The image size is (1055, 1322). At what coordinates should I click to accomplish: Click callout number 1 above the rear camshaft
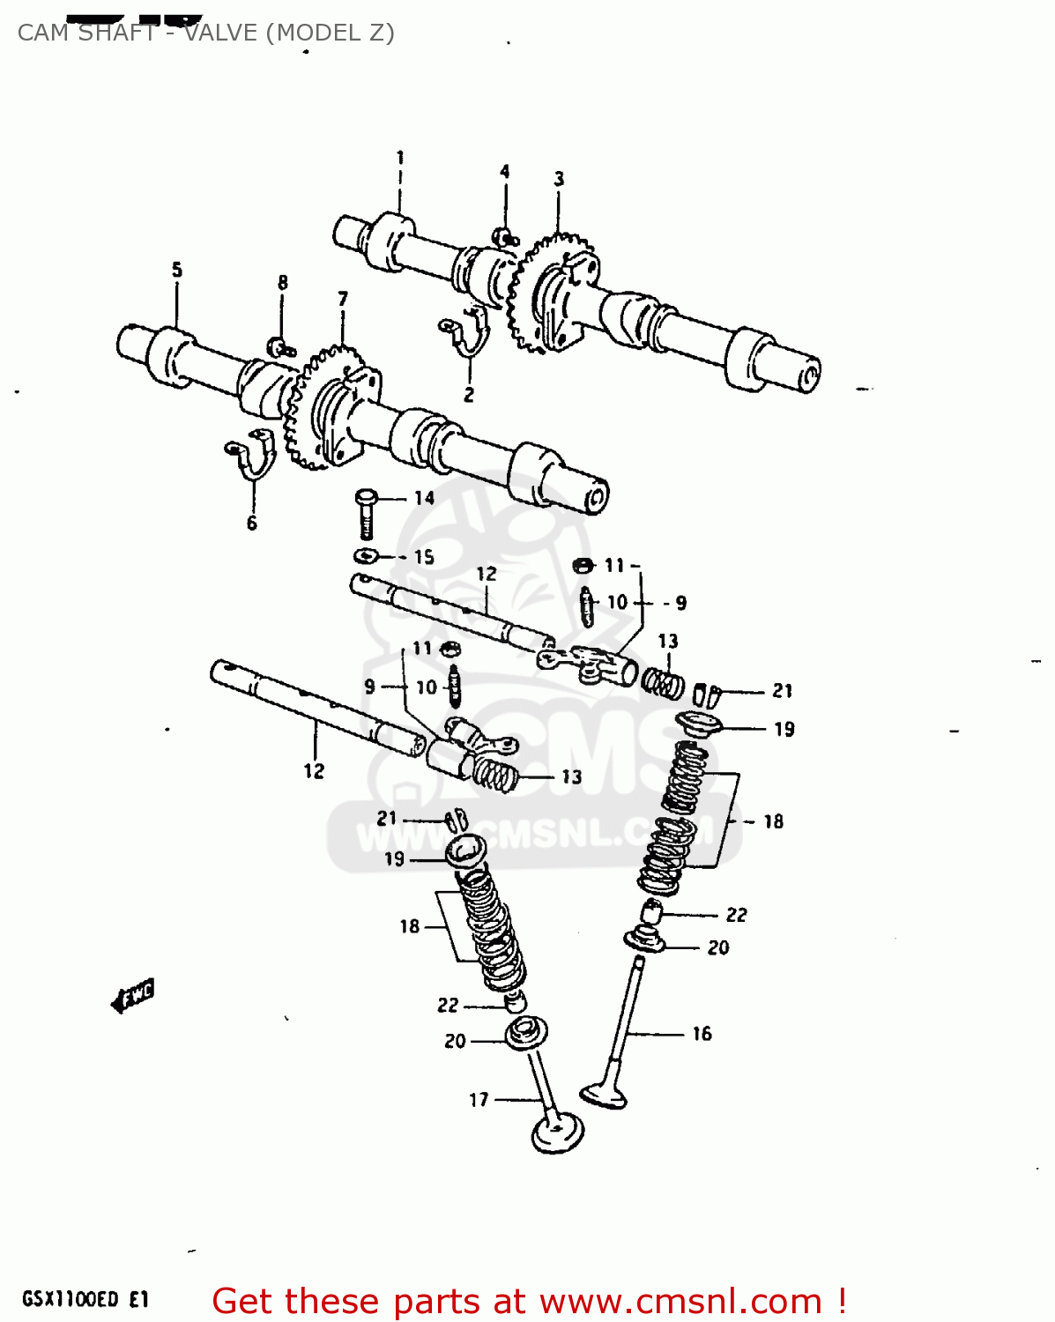[400, 158]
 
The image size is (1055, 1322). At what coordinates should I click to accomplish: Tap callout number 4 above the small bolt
[505, 171]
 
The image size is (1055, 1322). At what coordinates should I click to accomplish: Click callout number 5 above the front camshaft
[177, 269]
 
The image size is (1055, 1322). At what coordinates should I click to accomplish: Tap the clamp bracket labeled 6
[253, 455]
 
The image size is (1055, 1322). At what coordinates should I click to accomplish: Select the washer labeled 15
[366, 556]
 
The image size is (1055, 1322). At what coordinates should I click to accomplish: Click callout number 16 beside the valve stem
[702, 1033]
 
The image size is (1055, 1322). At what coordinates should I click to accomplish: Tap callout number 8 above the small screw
[283, 283]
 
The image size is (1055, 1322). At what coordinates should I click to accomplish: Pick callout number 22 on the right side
[736, 915]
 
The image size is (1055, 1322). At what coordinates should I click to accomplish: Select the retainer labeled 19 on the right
[699, 725]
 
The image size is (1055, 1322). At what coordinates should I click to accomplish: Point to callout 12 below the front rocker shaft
[314, 771]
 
